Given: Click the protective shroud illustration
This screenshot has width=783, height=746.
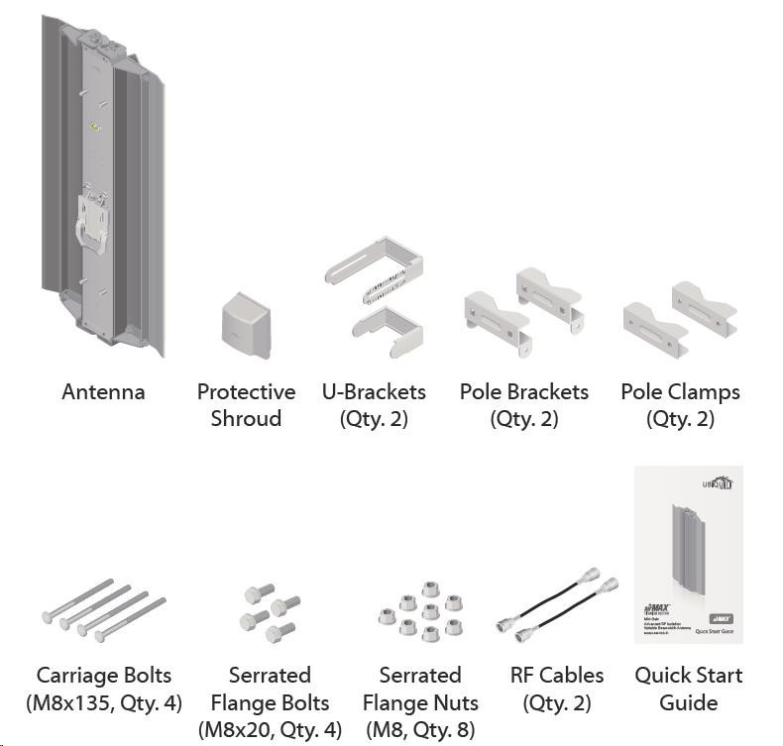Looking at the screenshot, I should point(244,326).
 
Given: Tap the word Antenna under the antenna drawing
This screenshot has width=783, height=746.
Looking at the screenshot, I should point(103,391).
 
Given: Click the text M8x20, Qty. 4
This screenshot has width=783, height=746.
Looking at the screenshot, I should point(270,730).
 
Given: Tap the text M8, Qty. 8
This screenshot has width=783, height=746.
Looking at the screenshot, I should point(420,730).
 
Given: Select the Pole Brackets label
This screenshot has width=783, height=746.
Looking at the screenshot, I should point(523,391).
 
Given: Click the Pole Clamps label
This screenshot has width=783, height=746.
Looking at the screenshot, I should point(680,391).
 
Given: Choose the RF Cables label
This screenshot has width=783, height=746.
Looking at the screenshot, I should point(556,676).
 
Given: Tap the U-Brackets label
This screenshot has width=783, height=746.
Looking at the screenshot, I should point(374,391).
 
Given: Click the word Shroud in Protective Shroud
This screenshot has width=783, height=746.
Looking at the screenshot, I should point(246,419).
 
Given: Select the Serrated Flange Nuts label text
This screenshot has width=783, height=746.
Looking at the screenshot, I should point(420,690).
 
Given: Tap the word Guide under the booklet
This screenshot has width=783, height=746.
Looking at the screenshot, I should point(688,703).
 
